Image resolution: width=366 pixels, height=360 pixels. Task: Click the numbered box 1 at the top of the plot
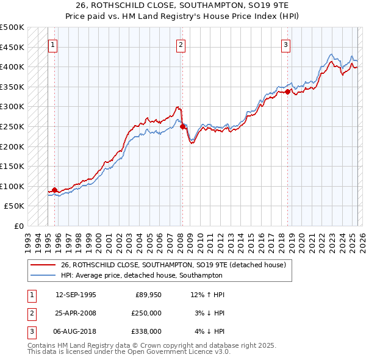pos(52,44)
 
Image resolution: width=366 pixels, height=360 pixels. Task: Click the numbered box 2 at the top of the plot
pos(181,44)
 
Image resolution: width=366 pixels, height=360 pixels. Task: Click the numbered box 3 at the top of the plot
pos(285,44)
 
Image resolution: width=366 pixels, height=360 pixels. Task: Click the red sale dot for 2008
pos(182,126)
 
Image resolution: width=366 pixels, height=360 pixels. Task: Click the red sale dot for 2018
pos(287,92)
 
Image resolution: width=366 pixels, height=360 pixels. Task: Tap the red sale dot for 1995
pos(55,190)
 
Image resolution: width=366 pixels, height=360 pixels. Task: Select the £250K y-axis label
pos(12,126)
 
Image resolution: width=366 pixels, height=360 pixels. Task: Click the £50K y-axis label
pos(15,206)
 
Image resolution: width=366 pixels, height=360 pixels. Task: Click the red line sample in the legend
pos(43,265)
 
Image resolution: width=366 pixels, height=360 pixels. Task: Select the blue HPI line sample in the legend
pos(43,275)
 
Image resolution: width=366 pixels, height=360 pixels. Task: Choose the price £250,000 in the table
pos(146,313)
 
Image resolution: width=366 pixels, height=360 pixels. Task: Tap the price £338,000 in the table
pos(146,331)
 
